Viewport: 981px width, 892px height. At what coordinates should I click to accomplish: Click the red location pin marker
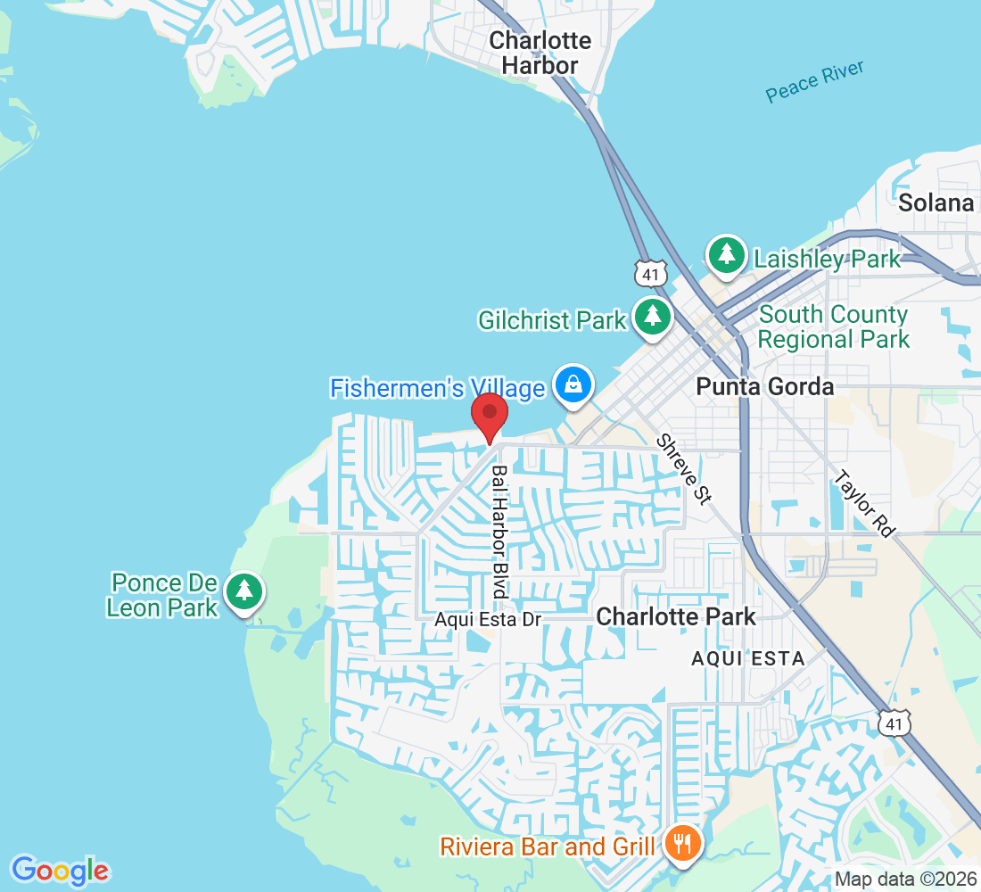[489, 417]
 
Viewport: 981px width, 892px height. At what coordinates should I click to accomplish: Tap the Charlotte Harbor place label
[540, 53]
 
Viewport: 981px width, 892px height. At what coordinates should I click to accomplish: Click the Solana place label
[936, 202]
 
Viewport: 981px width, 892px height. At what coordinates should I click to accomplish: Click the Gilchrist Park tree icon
[654, 317]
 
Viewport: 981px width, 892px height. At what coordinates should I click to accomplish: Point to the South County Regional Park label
[833, 326]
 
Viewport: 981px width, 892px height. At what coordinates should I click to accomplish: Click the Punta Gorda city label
[765, 386]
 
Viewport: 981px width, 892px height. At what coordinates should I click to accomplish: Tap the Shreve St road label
[684, 469]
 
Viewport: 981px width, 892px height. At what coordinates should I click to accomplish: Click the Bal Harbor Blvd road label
[499, 532]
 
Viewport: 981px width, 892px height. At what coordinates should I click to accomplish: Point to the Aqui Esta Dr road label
[488, 619]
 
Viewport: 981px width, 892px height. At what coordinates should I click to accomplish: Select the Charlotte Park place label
[676, 616]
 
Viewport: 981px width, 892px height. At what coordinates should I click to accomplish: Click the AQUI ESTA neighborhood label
[748, 658]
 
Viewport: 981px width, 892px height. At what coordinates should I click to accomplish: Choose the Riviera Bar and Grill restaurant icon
[683, 844]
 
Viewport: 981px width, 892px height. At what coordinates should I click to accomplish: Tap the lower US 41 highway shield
[894, 723]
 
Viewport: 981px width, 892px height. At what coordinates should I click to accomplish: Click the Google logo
[60, 870]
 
